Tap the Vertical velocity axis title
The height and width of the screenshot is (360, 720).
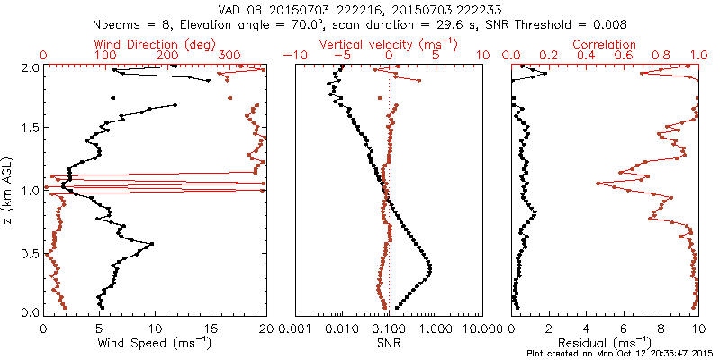click(x=390, y=44)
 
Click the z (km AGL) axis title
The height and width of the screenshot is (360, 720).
click(x=8, y=190)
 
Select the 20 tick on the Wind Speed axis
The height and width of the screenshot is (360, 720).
click(x=265, y=328)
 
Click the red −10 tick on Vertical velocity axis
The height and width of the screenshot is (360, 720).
click(x=292, y=56)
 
